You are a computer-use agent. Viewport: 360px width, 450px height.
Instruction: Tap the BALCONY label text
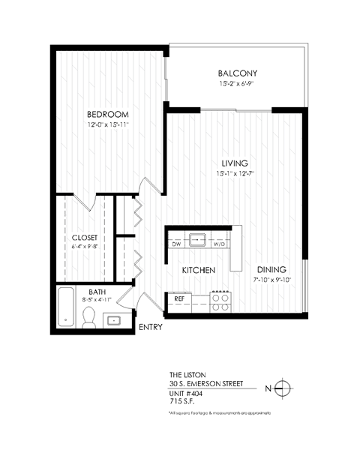click(x=238, y=73)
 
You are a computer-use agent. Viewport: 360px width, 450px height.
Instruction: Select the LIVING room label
click(x=234, y=163)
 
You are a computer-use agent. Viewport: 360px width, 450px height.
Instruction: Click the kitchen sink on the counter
click(x=198, y=241)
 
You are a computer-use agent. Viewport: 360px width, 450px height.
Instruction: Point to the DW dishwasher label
click(x=176, y=243)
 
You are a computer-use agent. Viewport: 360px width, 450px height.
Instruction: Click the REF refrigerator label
click(x=179, y=298)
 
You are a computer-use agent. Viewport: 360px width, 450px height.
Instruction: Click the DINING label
click(x=271, y=270)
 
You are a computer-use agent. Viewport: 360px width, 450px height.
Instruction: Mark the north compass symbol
click(x=282, y=388)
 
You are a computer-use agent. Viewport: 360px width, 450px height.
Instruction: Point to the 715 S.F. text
click(x=184, y=400)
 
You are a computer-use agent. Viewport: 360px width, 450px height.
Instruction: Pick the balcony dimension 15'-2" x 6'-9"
click(x=238, y=84)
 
